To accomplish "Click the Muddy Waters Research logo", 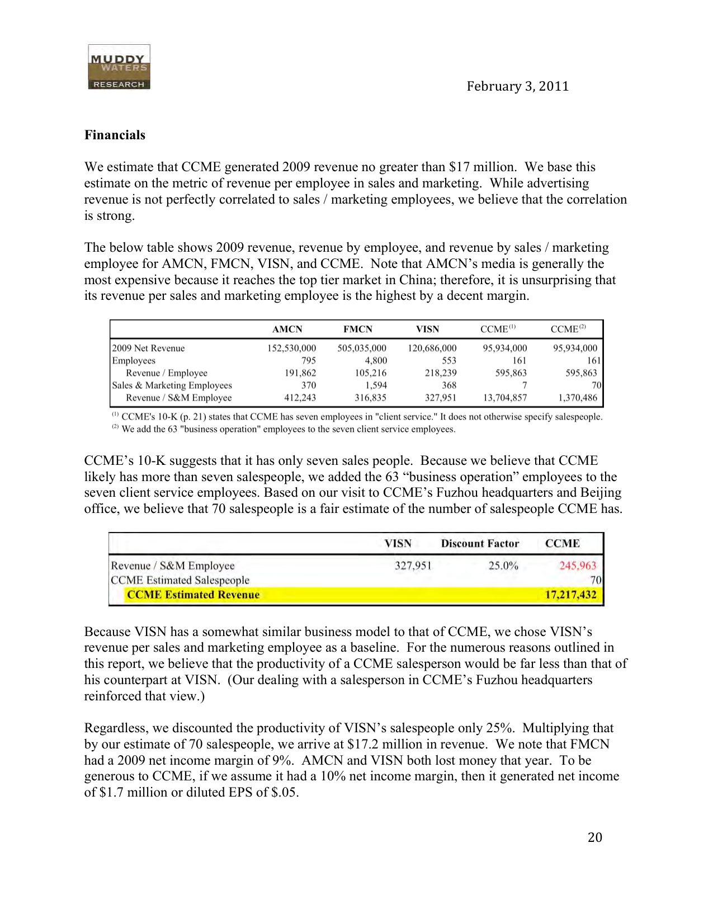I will click(119, 67).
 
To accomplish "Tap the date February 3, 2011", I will click(517, 86).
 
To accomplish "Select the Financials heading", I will click(115, 135).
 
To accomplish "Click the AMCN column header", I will click(287, 329).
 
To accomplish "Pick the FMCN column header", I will click(357, 329).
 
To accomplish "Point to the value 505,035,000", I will click(361, 348).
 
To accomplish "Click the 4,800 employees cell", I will click(376, 360).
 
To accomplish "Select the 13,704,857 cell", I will click(504, 398).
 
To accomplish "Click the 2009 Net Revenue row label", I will click(148, 348).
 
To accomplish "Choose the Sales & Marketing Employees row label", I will click(172, 385).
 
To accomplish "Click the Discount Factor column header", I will click(480, 543).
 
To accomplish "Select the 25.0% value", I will click(503, 566).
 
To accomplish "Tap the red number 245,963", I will click(578, 566).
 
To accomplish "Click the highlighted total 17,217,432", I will click(570, 595).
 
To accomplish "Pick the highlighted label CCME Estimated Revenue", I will click(193, 595).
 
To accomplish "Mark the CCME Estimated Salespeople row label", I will click(180, 580).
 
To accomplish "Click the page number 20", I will click(595, 837).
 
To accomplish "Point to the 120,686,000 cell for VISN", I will click(432, 348).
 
